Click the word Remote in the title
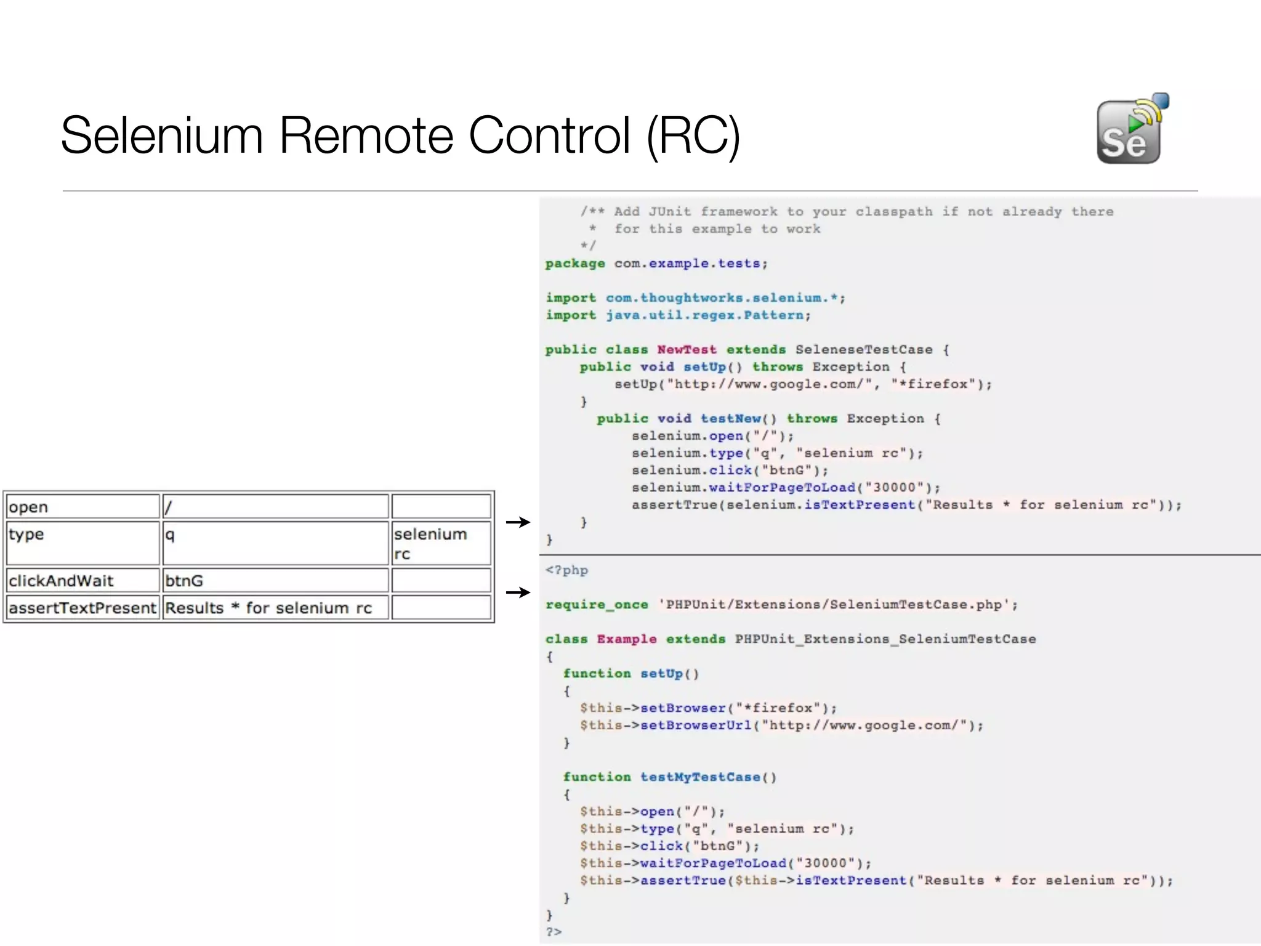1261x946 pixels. coord(366,135)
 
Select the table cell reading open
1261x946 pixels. coord(83,507)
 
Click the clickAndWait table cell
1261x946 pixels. coord(83,580)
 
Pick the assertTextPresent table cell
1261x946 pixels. coord(83,608)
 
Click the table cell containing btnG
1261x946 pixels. coord(275,580)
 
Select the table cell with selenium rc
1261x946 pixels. coord(440,543)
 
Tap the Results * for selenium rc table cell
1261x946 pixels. coord(275,608)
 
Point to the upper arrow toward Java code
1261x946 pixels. coord(518,522)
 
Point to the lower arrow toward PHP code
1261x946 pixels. coord(518,592)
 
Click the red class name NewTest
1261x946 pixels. coord(687,350)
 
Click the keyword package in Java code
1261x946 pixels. coord(574,264)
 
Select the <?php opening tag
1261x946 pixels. coord(566,570)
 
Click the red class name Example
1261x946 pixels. coord(626,639)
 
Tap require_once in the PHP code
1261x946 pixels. coord(596,605)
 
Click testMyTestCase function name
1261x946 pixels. coord(700,777)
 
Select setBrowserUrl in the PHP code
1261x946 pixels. coord(696,726)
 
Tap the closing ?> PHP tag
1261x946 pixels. coord(554,932)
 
